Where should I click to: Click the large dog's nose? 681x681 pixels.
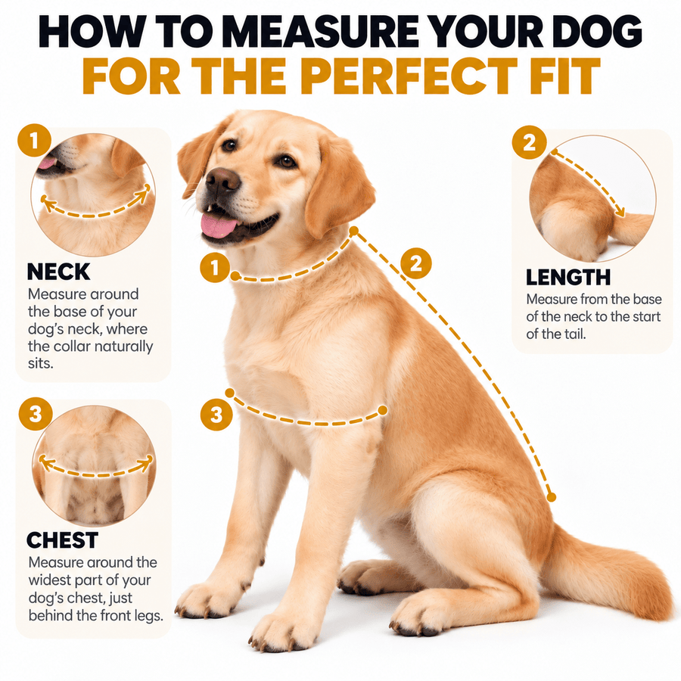(x=222, y=179)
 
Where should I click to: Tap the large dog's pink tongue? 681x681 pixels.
(x=219, y=226)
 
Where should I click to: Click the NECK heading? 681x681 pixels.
(x=58, y=272)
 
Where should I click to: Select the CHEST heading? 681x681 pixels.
(x=63, y=540)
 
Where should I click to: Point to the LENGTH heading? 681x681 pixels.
(x=568, y=278)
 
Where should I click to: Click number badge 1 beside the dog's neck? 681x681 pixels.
(x=215, y=268)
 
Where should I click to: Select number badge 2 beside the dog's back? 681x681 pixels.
(x=415, y=263)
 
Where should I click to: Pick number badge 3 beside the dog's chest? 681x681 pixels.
(x=216, y=415)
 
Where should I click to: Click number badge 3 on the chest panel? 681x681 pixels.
(x=36, y=414)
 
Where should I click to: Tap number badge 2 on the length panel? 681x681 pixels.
(x=529, y=142)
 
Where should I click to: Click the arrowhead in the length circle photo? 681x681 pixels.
(x=620, y=212)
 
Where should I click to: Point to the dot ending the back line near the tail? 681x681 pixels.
(x=552, y=497)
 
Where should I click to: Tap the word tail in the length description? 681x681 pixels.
(x=574, y=334)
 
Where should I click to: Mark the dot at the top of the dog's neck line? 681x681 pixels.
(x=354, y=231)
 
